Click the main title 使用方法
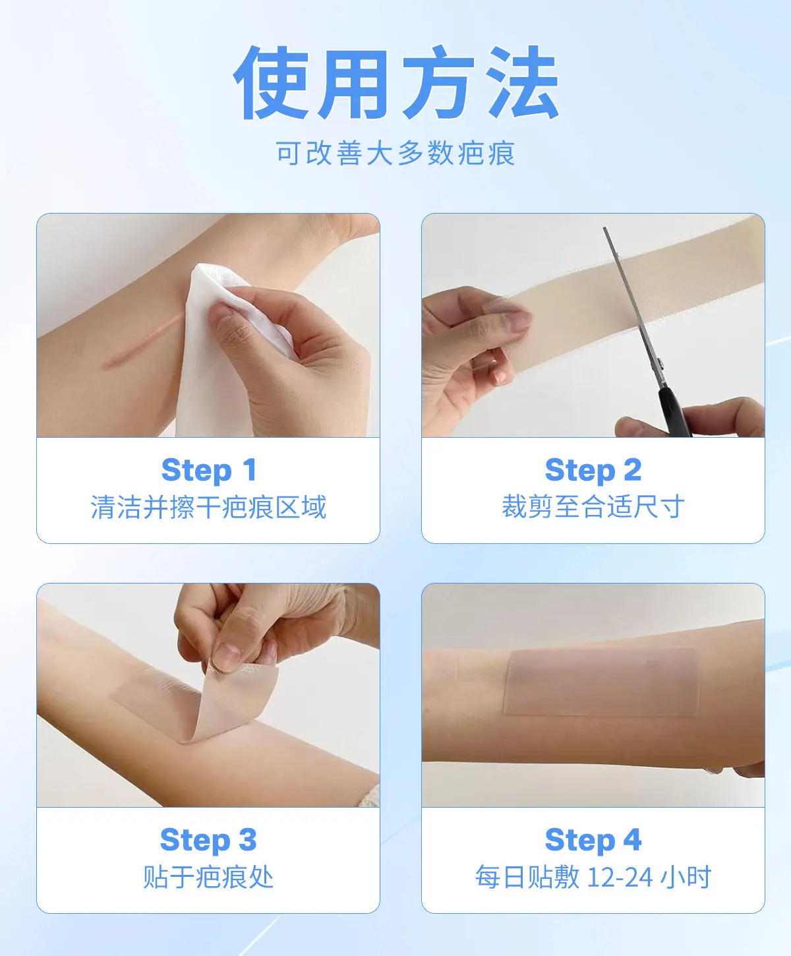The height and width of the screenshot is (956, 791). point(396,82)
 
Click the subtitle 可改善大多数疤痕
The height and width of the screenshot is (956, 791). point(395,153)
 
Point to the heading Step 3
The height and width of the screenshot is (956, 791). point(209,840)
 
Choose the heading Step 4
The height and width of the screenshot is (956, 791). point(593,840)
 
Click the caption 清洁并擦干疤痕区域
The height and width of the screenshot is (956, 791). point(209,507)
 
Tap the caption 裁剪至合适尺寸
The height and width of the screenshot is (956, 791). point(593,507)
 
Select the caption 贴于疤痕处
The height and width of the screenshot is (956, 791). point(209,877)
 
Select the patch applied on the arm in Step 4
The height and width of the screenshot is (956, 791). point(601,682)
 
